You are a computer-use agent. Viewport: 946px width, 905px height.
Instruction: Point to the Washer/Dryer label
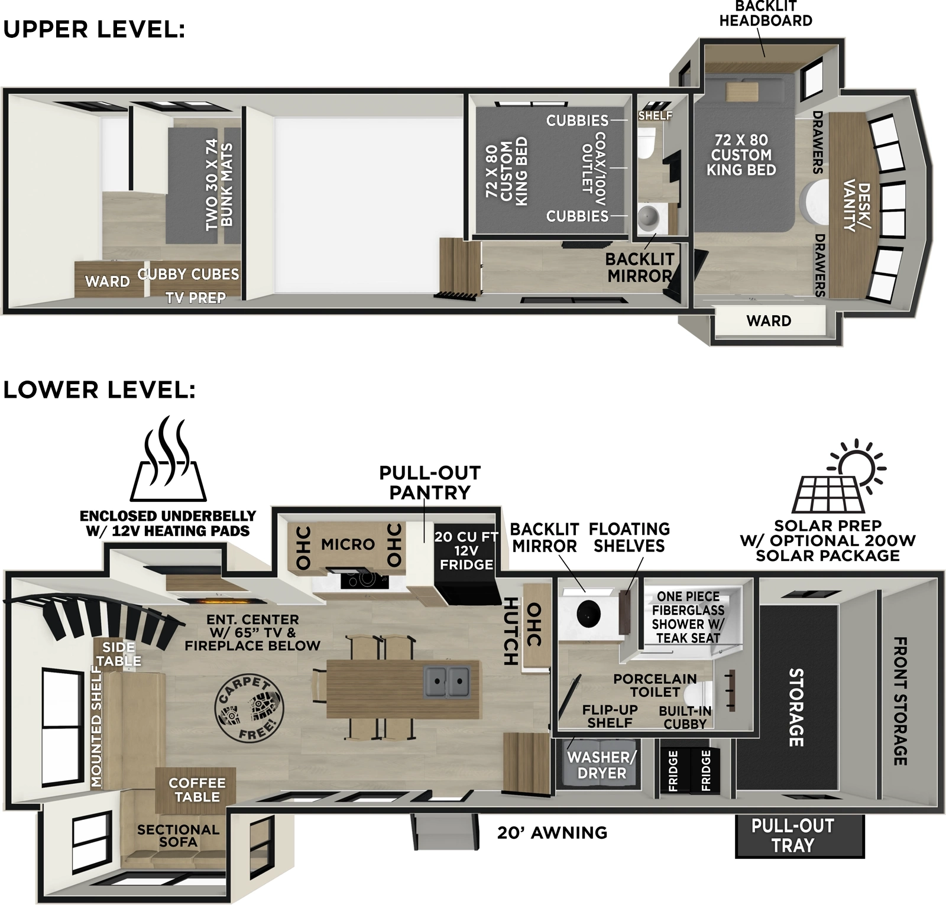[601, 765]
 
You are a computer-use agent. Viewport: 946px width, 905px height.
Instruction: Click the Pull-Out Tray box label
[792, 835]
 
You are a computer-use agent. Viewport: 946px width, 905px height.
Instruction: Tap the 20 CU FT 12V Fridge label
[466, 550]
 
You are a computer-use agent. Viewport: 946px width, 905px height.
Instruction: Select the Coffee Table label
[197, 790]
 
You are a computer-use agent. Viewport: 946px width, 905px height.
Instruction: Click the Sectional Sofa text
[178, 836]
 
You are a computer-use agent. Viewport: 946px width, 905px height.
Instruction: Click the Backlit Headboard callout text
[765, 14]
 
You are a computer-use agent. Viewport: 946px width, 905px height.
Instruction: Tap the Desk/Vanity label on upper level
[856, 205]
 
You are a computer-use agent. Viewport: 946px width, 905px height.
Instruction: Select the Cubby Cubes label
[188, 274]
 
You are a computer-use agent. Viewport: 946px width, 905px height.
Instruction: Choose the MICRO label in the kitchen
[348, 544]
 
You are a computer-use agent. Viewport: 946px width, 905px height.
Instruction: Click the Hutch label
[510, 631]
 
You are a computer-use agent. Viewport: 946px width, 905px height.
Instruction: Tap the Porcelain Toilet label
[655, 685]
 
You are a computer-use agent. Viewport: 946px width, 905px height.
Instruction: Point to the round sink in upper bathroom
[649, 216]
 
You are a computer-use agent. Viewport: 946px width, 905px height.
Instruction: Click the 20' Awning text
[552, 832]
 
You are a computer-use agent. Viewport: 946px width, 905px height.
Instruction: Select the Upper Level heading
[94, 30]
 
